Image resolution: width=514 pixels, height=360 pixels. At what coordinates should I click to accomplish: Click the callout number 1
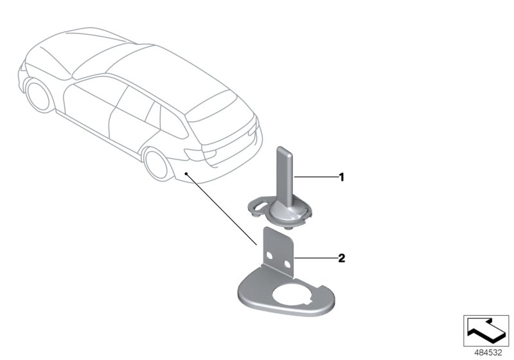[x=342, y=177]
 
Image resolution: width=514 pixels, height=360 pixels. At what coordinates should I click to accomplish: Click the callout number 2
[x=342, y=258]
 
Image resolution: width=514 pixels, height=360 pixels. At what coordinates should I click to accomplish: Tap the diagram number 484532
[x=488, y=353]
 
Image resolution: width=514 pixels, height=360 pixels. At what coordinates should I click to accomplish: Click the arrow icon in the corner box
[x=486, y=330]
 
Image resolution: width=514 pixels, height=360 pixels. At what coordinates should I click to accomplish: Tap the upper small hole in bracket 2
[x=269, y=255]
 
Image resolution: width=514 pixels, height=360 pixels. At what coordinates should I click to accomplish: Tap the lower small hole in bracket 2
[x=287, y=264]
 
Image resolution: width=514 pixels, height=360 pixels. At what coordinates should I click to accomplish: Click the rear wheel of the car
[x=158, y=164]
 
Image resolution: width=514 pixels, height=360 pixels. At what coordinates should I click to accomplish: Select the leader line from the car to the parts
[x=221, y=209]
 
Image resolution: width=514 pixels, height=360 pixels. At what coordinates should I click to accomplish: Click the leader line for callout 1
[x=317, y=177]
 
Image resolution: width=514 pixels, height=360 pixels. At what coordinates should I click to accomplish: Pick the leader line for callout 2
[x=317, y=258]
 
